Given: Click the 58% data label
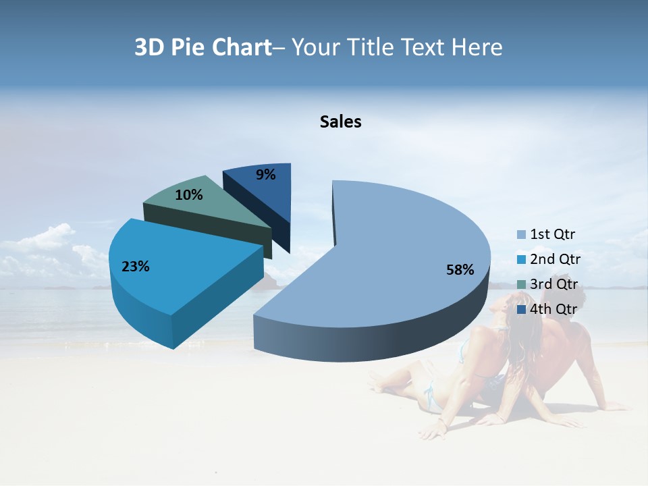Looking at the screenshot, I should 460,270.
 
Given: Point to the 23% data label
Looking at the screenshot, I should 135,267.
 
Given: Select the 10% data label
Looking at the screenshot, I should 188,195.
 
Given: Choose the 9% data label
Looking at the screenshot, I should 266,175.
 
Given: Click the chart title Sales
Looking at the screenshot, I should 340,122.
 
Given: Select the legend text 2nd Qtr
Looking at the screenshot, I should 555,259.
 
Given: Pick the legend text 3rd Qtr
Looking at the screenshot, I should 554,284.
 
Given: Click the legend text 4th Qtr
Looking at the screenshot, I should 554,309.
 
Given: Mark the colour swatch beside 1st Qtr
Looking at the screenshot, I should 521,235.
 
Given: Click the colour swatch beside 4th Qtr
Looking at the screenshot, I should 521,309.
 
